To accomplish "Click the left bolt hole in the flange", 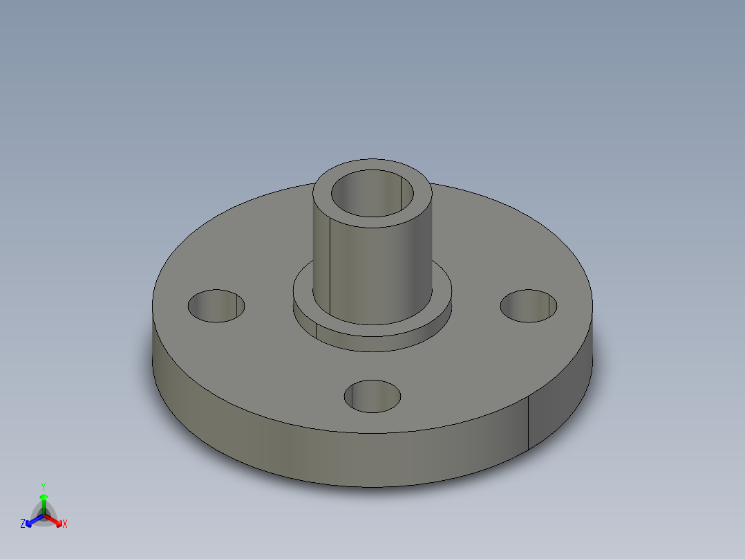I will tap(216, 306).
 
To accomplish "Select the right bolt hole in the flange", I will tap(529, 306).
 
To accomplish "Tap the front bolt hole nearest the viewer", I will tap(372, 396).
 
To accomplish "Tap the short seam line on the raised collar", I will tap(316, 330).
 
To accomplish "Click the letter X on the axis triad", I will tap(65, 524).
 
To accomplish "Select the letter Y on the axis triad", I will tap(44, 486).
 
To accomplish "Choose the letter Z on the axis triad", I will tap(23, 524).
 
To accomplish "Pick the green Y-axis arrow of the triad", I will tap(44, 501).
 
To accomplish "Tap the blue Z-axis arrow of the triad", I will tap(32, 520).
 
